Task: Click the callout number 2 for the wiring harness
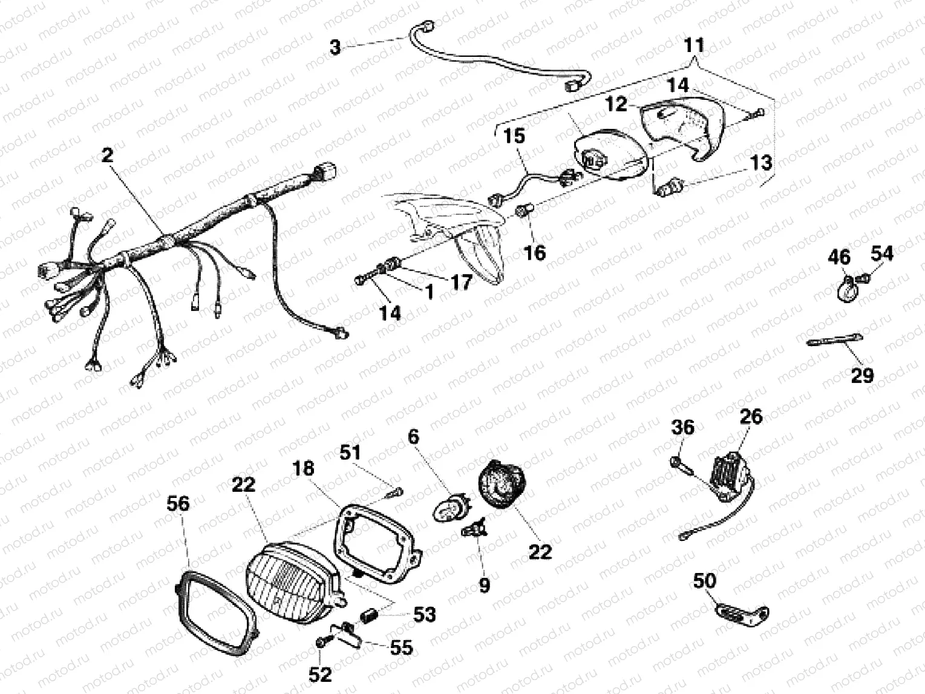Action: click(x=107, y=155)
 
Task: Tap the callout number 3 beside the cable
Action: click(x=336, y=47)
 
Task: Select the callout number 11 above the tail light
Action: click(x=695, y=45)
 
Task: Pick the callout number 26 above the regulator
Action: click(x=750, y=417)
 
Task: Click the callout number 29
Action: click(x=862, y=375)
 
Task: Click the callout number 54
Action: click(x=882, y=254)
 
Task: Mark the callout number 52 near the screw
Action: click(x=321, y=674)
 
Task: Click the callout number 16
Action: click(x=535, y=252)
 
